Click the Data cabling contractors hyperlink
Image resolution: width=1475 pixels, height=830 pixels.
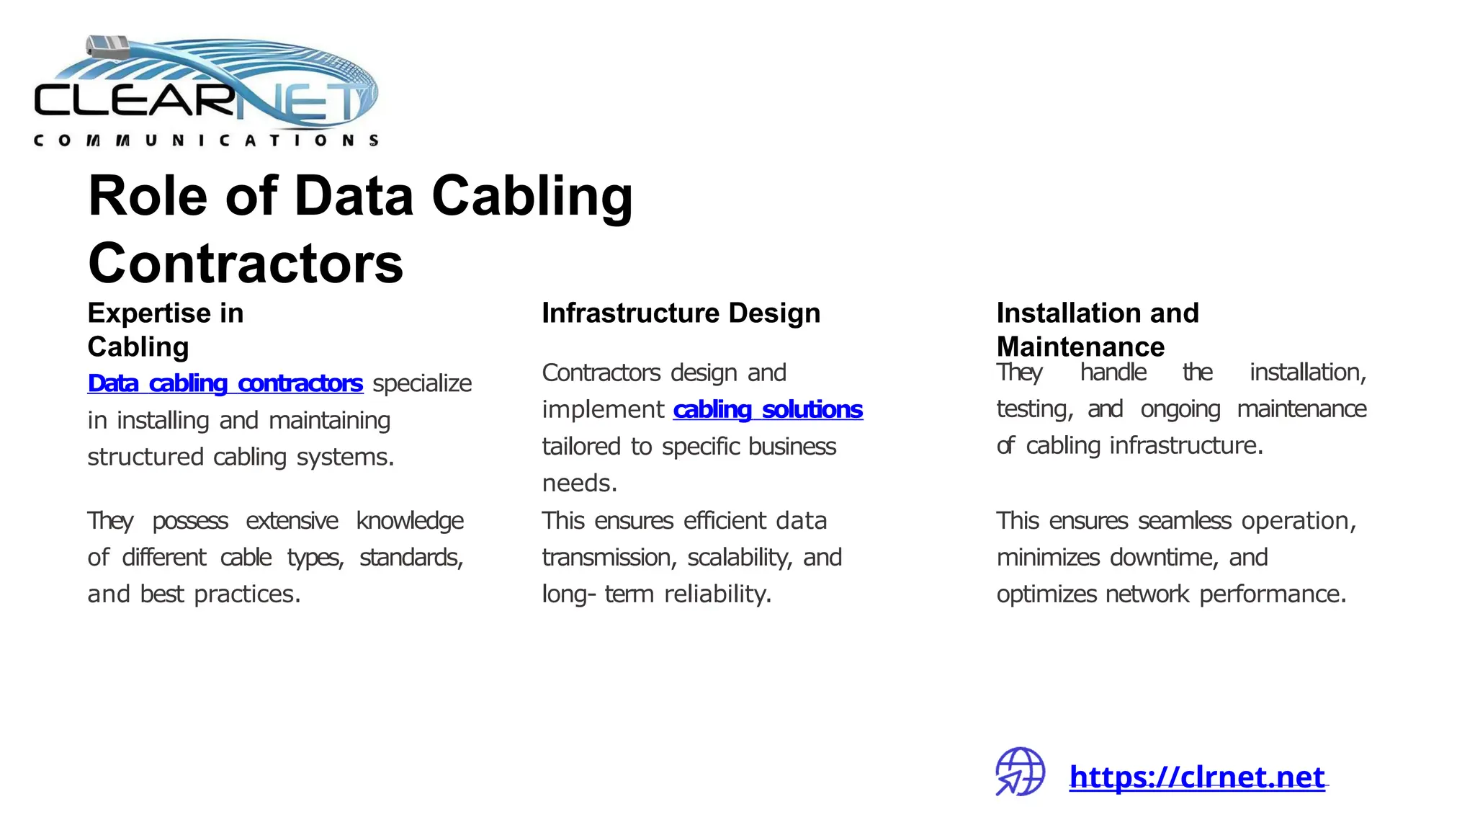pyautogui.click(x=225, y=383)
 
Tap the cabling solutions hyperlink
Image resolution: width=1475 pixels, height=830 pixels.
pyautogui.click(x=768, y=410)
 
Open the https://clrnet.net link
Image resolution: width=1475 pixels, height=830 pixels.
pyautogui.click(x=1197, y=777)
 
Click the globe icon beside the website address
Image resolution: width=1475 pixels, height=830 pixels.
pyautogui.click(x=1020, y=772)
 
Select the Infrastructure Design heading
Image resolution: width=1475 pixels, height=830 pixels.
pyautogui.click(x=681, y=313)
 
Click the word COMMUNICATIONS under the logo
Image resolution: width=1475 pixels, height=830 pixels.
pyautogui.click(x=206, y=140)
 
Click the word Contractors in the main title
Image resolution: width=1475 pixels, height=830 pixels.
pyautogui.click(x=246, y=263)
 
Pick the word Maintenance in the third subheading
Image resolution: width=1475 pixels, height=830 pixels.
pyautogui.click(x=1080, y=347)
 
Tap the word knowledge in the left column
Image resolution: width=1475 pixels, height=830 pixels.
pyautogui.click(x=410, y=521)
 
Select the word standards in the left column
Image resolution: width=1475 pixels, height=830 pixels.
pyautogui.click(x=411, y=558)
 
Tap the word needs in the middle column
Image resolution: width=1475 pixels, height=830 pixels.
pyautogui.click(x=579, y=483)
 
